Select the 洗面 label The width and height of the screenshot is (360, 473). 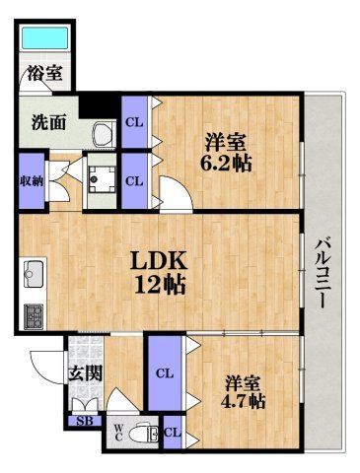click(48, 123)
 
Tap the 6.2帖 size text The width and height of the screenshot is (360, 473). click(228, 164)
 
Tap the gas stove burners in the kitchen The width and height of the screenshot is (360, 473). click(33, 315)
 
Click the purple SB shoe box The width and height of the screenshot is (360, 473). click(82, 422)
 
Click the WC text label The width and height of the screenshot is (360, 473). click(117, 433)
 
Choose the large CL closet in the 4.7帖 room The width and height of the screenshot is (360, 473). click(166, 373)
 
